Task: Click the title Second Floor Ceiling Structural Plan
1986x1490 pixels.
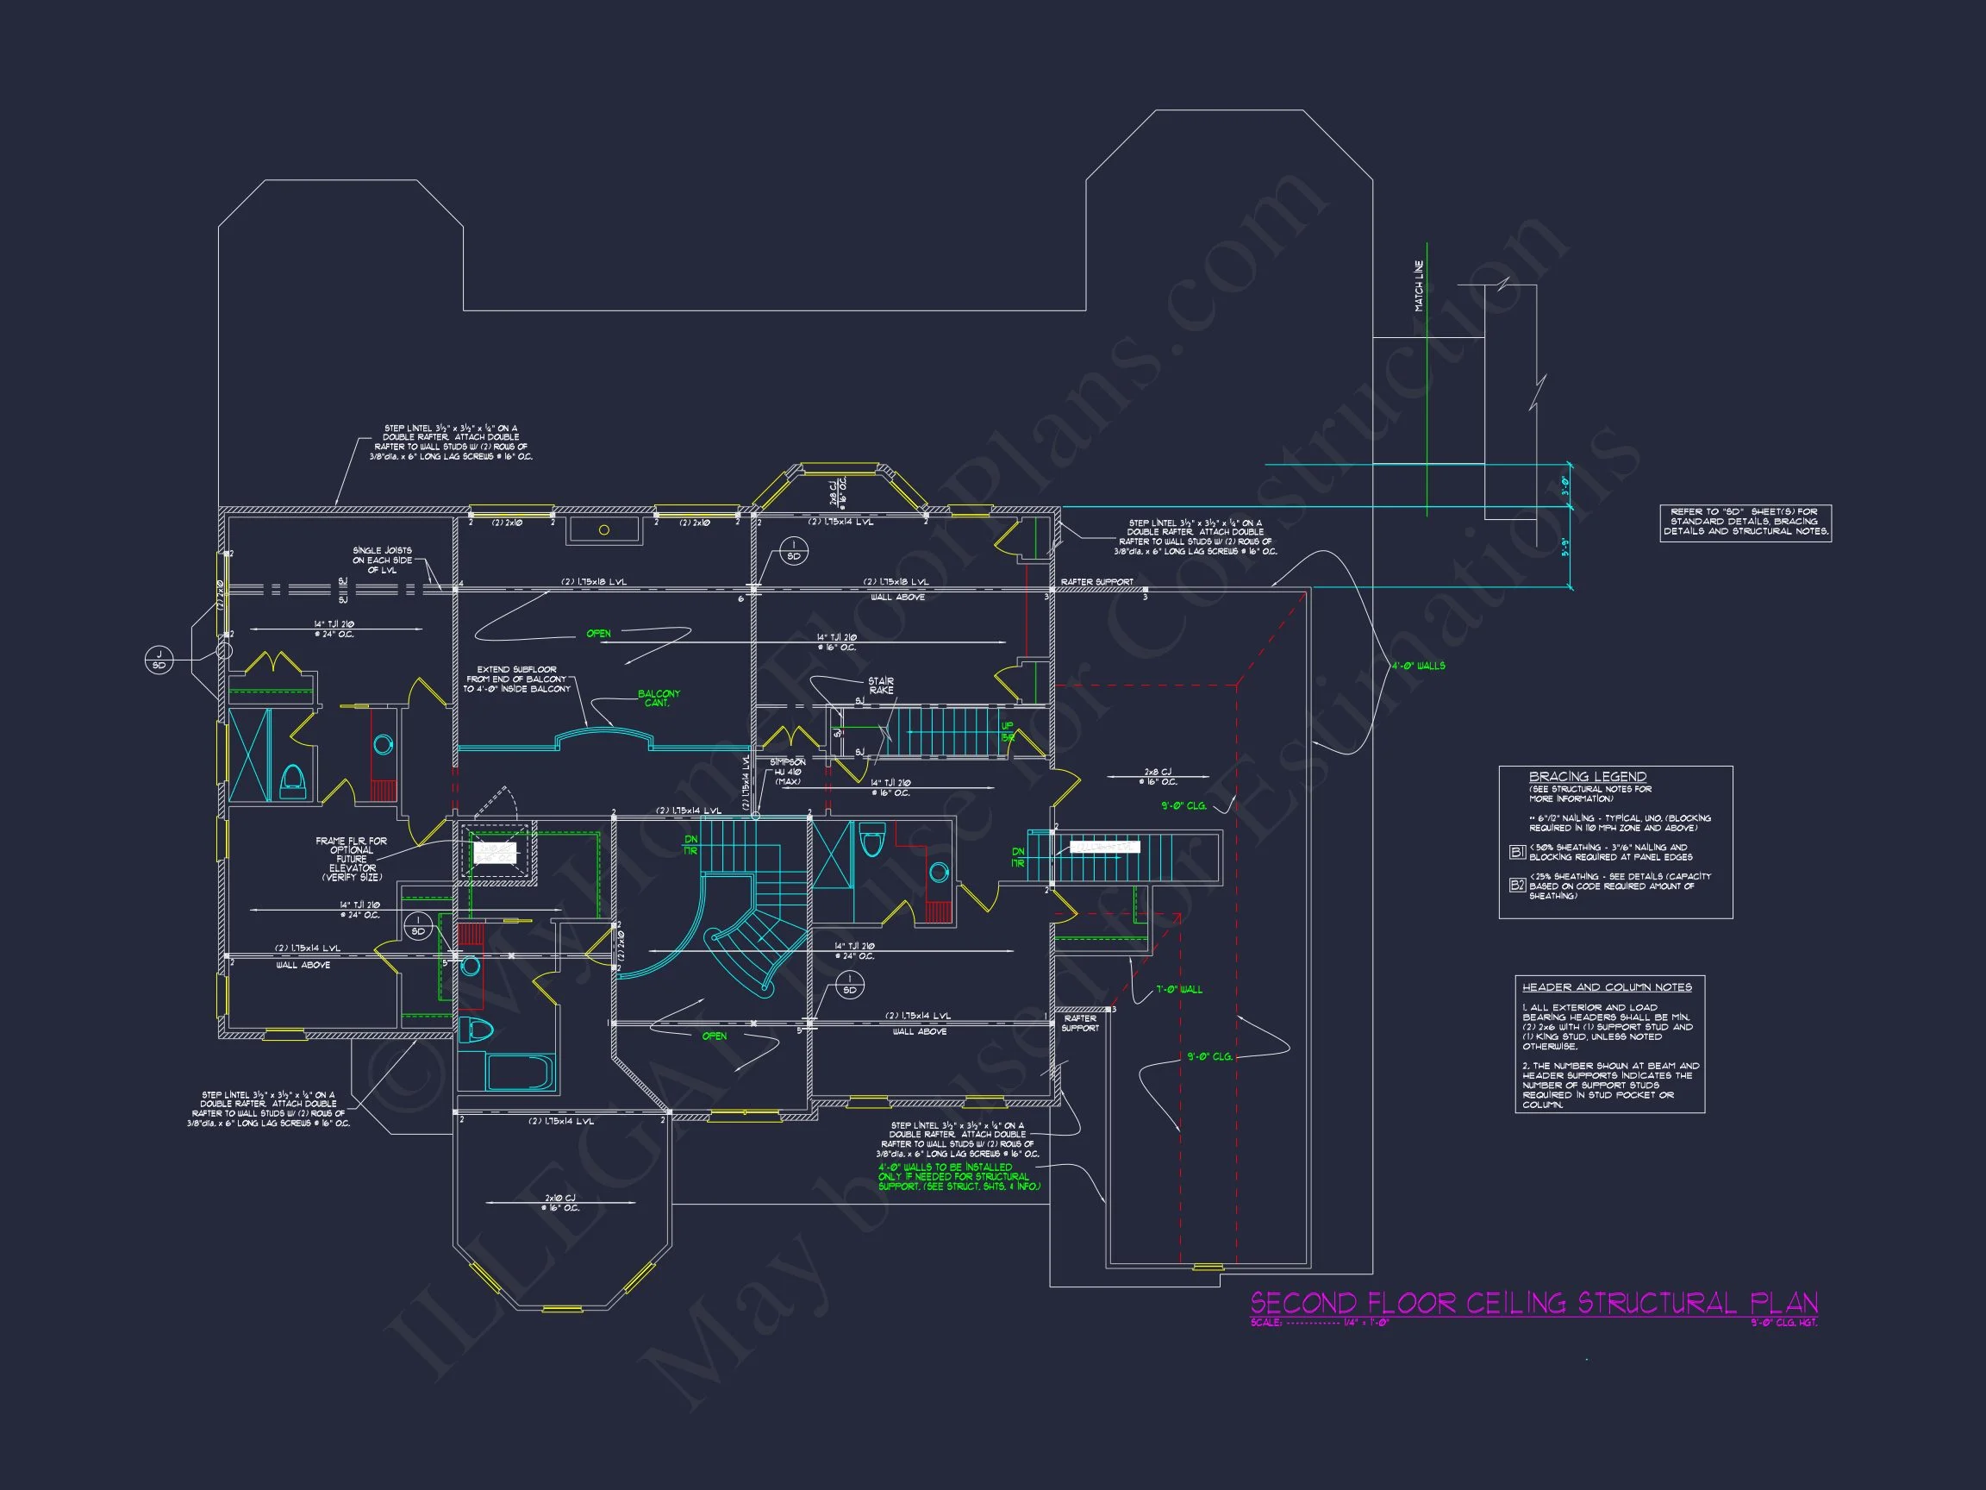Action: point(1533,1302)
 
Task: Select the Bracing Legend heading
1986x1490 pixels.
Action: point(1588,776)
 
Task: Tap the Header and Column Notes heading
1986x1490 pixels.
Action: point(1606,987)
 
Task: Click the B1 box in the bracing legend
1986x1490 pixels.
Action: point(1517,851)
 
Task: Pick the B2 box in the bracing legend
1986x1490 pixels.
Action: point(1517,885)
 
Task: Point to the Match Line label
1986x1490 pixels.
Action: point(1419,285)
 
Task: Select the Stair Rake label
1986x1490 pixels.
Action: point(880,686)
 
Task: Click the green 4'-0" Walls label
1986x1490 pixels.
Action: point(1418,666)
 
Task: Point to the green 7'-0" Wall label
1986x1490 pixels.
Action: point(1179,989)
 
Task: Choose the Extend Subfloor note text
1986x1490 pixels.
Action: point(516,679)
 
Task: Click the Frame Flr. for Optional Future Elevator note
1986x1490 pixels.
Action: point(351,859)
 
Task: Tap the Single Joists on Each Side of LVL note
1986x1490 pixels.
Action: point(382,560)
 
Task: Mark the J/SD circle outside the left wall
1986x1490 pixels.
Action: point(159,660)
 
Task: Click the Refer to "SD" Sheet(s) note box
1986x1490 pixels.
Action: point(1746,522)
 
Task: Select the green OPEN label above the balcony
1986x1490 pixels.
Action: point(598,633)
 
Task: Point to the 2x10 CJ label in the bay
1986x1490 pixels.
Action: point(560,1203)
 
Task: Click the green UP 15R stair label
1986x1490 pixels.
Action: point(1008,731)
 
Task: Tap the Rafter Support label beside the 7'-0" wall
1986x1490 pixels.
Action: point(1080,1023)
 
